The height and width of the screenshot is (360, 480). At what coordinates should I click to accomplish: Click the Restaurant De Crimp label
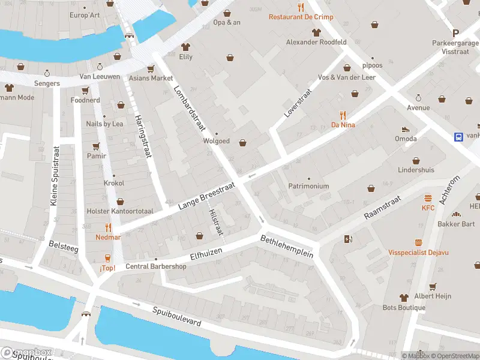pyautogui.click(x=300, y=17)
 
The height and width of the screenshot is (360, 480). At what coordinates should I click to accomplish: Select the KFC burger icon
pyautogui.click(x=428, y=198)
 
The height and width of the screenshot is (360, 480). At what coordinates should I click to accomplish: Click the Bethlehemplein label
pyautogui.click(x=287, y=246)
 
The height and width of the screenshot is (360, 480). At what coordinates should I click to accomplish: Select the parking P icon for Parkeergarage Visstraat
pyautogui.click(x=455, y=34)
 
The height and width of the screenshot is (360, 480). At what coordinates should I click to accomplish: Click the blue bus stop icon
pyautogui.click(x=459, y=136)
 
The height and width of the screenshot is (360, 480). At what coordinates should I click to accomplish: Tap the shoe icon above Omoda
pyautogui.click(x=406, y=129)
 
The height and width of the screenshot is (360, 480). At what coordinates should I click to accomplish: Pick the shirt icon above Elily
pyautogui.click(x=185, y=47)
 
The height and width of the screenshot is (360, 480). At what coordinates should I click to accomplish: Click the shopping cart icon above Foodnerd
pyautogui.click(x=85, y=91)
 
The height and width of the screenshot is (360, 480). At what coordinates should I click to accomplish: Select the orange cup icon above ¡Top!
pyautogui.click(x=107, y=258)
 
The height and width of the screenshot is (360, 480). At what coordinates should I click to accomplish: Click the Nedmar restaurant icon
pyautogui.click(x=108, y=227)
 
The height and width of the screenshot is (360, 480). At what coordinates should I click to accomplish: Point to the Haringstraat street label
pyautogui.click(x=142, y=136)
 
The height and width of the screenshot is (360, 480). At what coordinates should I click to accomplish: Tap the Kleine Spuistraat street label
pyautogui.click(x=54, y=176)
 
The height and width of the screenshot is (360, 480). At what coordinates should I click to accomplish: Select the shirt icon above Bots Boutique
pyautogui.click(x=404, y=298)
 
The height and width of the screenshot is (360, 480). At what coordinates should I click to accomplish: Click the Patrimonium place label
pyautogui.click(x=308, y=186)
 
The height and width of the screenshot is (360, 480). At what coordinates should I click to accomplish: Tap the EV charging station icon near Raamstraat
pyautogui.click(x=348, y=240)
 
